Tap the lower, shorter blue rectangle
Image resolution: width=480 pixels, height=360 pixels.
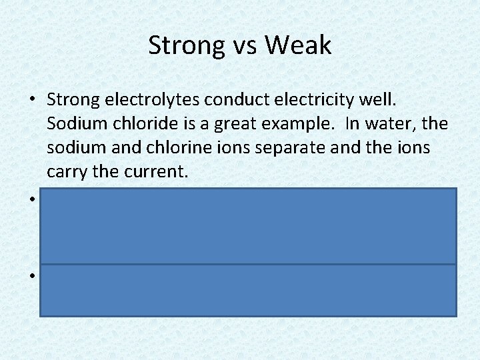pos(248,289)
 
